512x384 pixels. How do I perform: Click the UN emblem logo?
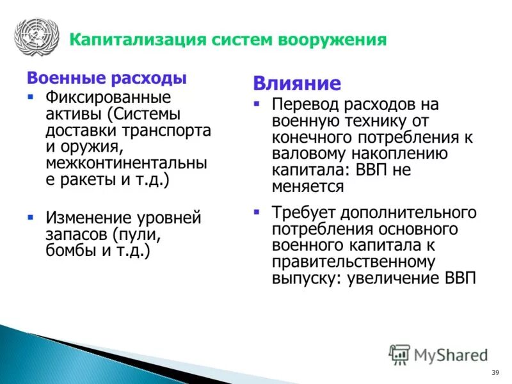click(x=36, y=38)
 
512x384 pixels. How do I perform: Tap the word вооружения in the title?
click(x=332, y=40)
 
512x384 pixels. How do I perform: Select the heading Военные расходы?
click(x=106, y=79)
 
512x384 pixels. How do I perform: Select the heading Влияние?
click(x=296, y=84)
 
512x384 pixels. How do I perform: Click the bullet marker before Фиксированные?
click(x=30, y=97)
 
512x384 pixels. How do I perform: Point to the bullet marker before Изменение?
click(x=30, y=218)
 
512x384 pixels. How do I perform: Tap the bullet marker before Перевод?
click(x=257, y=103)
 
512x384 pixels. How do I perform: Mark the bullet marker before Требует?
click(x=257, y=211)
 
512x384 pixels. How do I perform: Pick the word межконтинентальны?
click(x=126, y=164)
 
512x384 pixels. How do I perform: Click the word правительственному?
click(x=353, y=262)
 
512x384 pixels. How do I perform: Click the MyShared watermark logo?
click(x=438, y=354)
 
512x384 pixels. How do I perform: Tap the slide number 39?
click(x=495, y=373)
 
